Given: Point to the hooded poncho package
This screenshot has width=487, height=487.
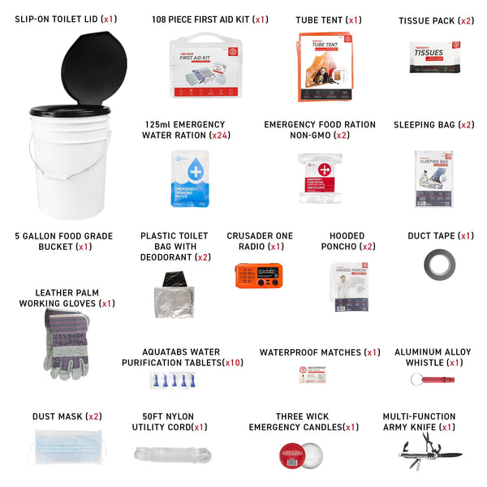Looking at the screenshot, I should pos(351,287).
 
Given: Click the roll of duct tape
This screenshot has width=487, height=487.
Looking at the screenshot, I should pos(439,263).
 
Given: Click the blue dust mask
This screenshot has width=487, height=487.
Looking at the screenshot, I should pos(68,448).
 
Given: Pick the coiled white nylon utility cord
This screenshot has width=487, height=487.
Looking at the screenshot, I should pos(170,453).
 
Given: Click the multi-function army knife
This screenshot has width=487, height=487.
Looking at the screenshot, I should pos(429,449).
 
